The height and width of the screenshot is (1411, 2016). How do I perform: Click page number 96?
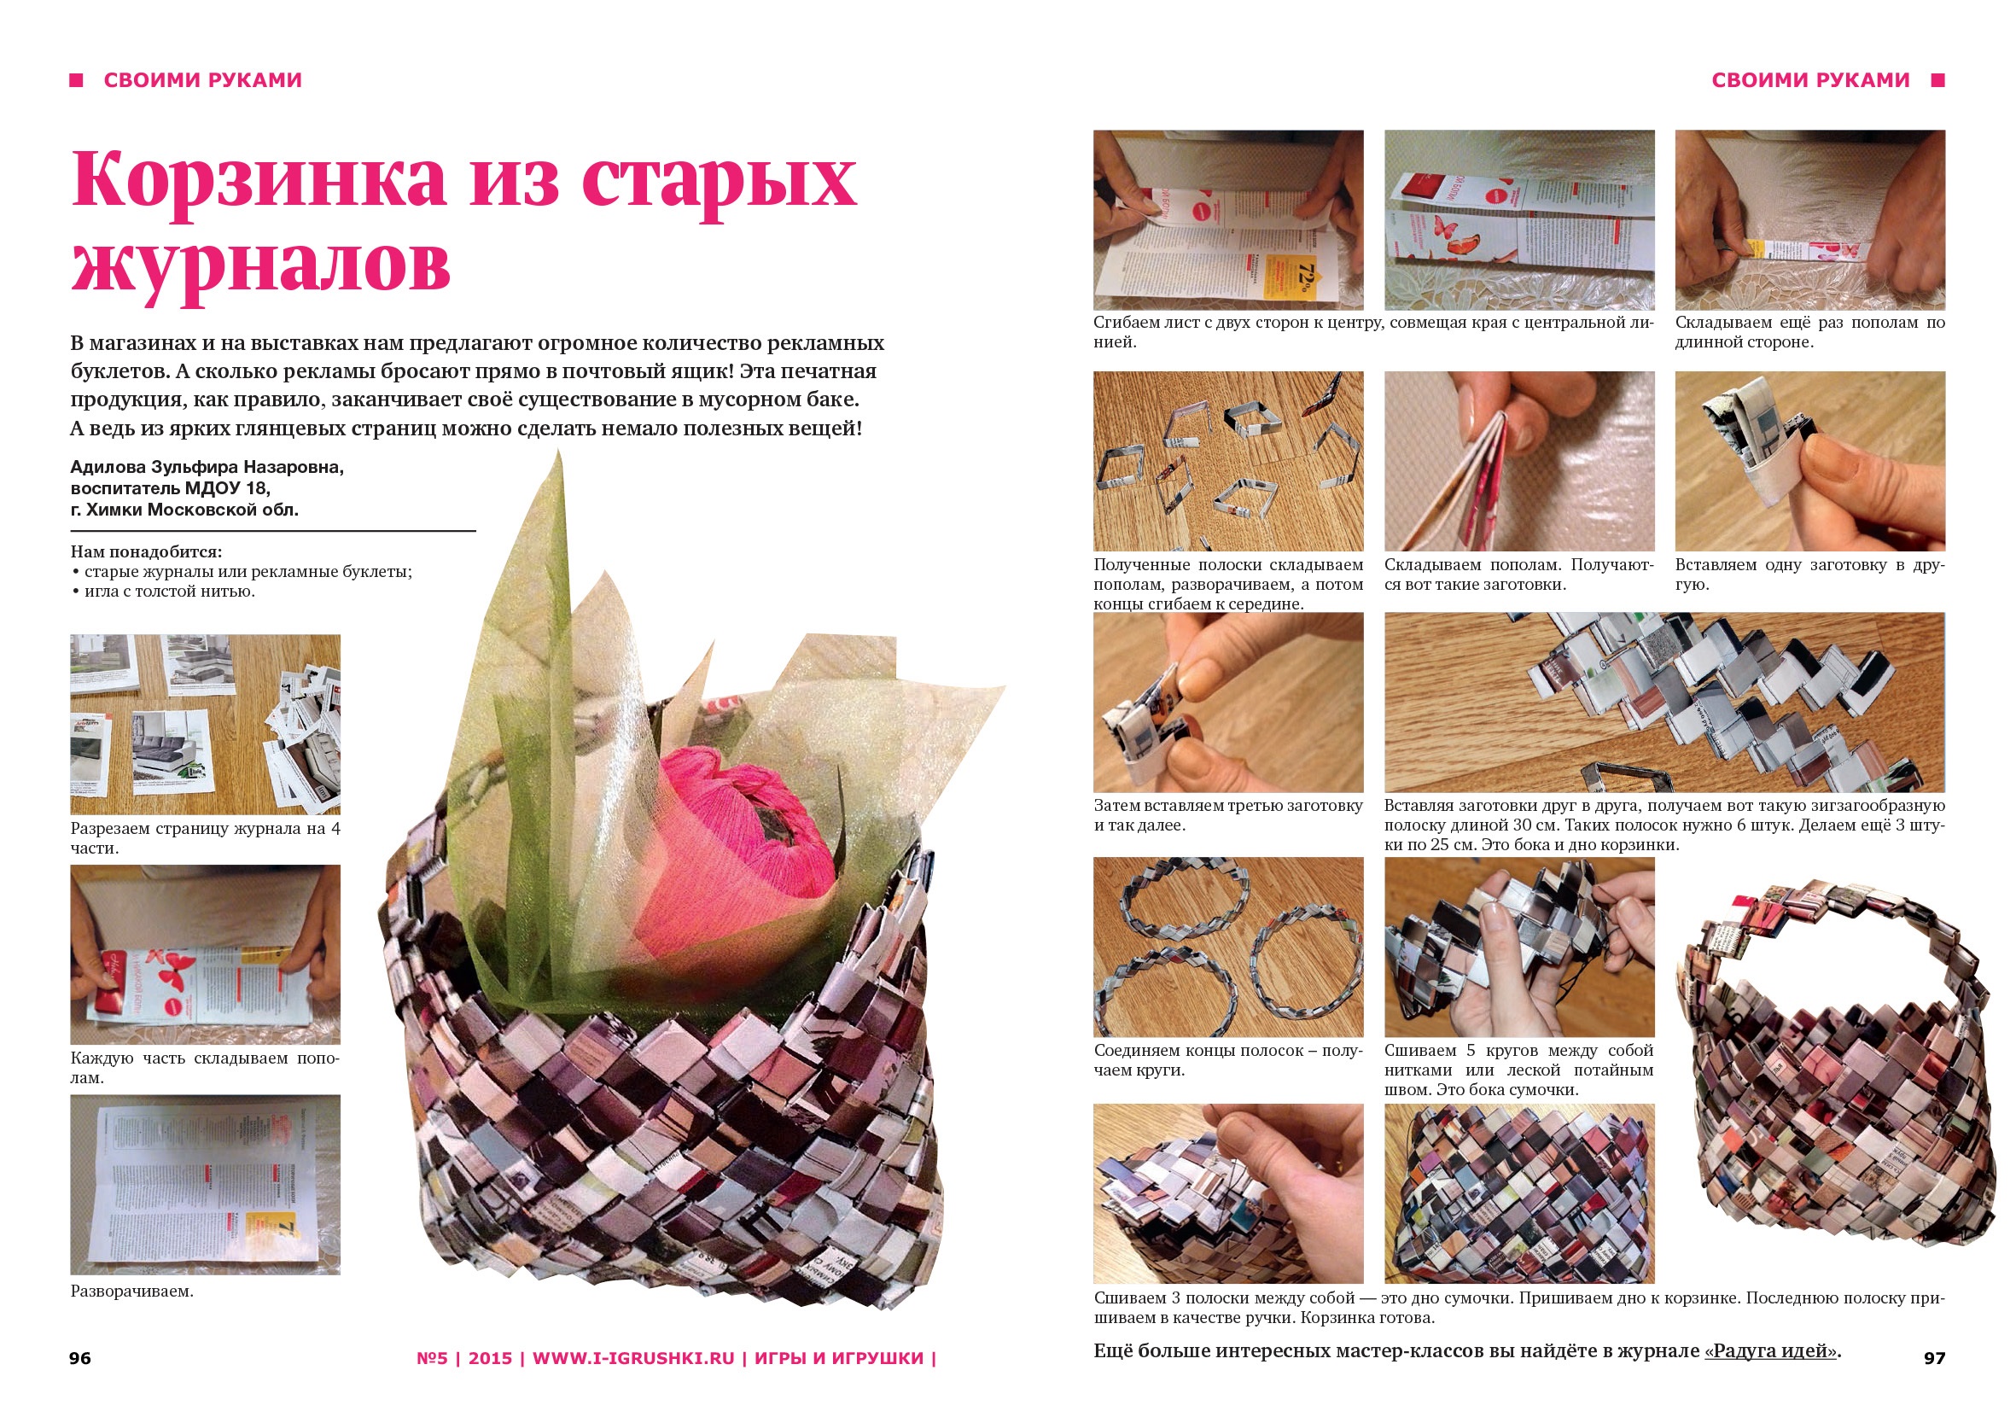tap(80, 1358)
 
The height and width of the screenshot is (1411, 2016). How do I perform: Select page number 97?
tap(1934, 1358)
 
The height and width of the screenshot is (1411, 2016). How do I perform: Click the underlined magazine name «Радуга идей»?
tap(1770, 1351)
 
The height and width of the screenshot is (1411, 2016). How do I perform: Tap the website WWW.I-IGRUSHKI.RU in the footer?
tap(633, 1358)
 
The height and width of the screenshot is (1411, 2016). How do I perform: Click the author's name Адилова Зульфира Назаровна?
tap(207, 467)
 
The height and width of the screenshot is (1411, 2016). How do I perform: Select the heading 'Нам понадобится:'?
tap(147, 551)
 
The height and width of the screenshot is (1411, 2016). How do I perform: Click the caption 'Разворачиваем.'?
tap(131, 1291)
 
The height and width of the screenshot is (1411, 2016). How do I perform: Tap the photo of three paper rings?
tap(1228, 947)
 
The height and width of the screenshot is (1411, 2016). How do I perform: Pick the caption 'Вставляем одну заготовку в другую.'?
tap(1809, 574)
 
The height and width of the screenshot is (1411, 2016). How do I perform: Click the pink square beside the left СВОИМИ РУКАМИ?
tap(77, 80)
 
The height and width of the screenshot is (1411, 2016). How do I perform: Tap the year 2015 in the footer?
tap(490, 1358)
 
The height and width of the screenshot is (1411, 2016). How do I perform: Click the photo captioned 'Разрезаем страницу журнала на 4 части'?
tap(206, 725)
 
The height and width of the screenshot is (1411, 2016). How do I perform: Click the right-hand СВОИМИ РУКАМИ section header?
tap(1810, 80)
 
